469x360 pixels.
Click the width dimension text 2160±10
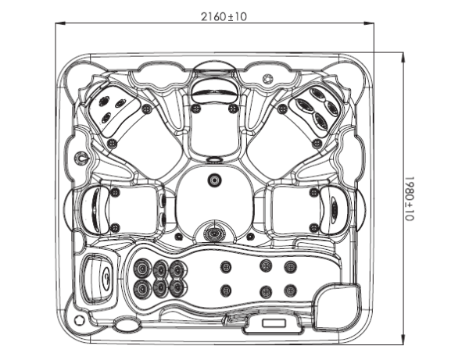pyautogui.click(x=224, y=16)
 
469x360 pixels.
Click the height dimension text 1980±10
pyautogui.click(x=409, y=198)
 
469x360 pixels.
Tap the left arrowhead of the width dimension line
pyautogui.click(x=61, y=23)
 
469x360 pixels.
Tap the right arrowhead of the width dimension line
pyautogui.click(x=369, y=23)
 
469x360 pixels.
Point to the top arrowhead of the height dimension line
pyautogui.click(x=403, y=58)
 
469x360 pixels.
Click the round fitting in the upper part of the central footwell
pyautogui.click(x=214, y=180)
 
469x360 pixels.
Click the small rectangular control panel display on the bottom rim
pyautogui.click(x=274, y=323)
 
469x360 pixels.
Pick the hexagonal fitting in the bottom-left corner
pyautogui.click(x=79, y=320)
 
